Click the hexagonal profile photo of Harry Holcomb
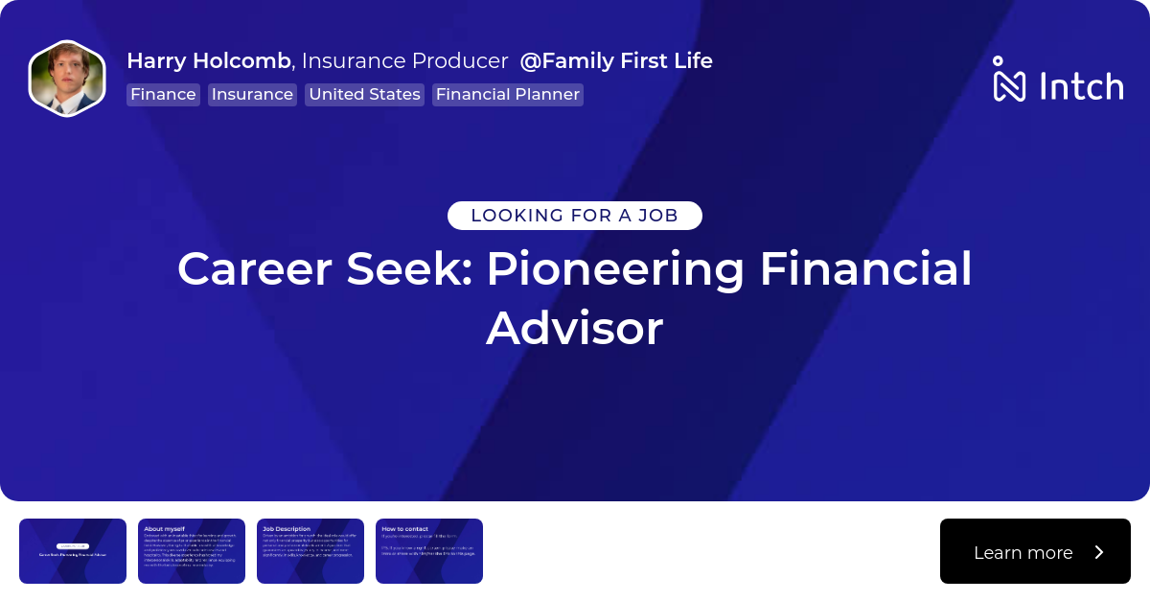[66, 79]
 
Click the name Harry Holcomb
[209, 61]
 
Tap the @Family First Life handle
[616, 61]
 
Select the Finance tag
[163, 95]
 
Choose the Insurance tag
[252, 95]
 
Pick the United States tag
[364, 95]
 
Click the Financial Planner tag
[507, 95]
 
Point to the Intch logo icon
[1009, 80]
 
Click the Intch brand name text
[1081, 86]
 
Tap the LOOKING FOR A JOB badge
[575, 216]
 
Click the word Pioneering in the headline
[614, 269]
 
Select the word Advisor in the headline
[575, 329]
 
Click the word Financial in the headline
[865, 269]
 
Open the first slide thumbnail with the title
[73, 551]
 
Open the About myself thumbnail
[192, 551]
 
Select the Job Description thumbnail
[310, 551]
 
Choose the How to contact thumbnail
[429, 551]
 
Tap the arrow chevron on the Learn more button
[1099, 552]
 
